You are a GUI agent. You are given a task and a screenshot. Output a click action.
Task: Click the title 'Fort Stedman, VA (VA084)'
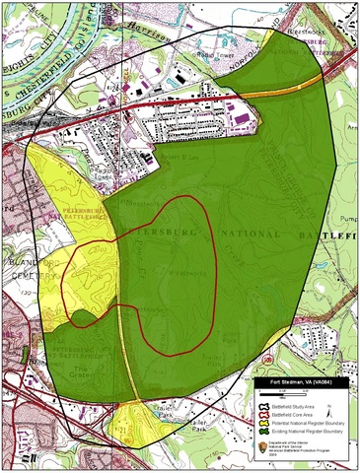[300, 381]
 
